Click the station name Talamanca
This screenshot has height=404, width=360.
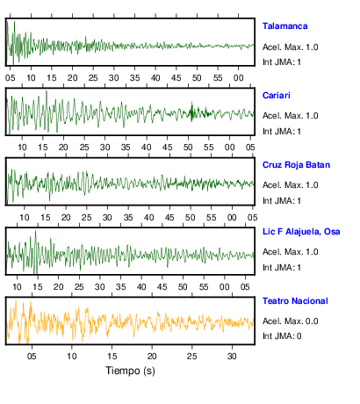point(284,26)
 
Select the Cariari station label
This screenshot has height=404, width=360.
point(277,96)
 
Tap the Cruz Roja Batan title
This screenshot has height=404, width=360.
point(296,165)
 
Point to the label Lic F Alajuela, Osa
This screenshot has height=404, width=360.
point(301,232)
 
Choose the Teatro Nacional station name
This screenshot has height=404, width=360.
point(295,301)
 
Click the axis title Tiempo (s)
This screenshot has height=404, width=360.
point(130,371)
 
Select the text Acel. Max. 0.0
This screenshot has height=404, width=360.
point(290,321)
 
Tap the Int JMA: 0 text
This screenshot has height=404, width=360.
point(282,335)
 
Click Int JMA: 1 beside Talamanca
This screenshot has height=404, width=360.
point(282,62)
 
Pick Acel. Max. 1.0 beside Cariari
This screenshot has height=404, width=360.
point(290,116)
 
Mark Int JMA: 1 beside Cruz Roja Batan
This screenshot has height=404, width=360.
point(282,201)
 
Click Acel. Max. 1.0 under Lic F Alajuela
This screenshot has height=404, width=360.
point(290,252)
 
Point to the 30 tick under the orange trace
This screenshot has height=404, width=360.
point(232,357)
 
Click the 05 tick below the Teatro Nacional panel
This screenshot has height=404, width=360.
point(32,357)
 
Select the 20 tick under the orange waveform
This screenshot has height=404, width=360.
point(152,357)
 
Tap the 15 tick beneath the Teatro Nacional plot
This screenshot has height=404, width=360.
point(112,357)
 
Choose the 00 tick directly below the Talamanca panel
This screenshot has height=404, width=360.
point(238,78)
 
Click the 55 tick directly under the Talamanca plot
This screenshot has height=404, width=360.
point(218,78)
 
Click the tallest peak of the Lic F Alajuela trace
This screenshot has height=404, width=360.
point(36,231)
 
